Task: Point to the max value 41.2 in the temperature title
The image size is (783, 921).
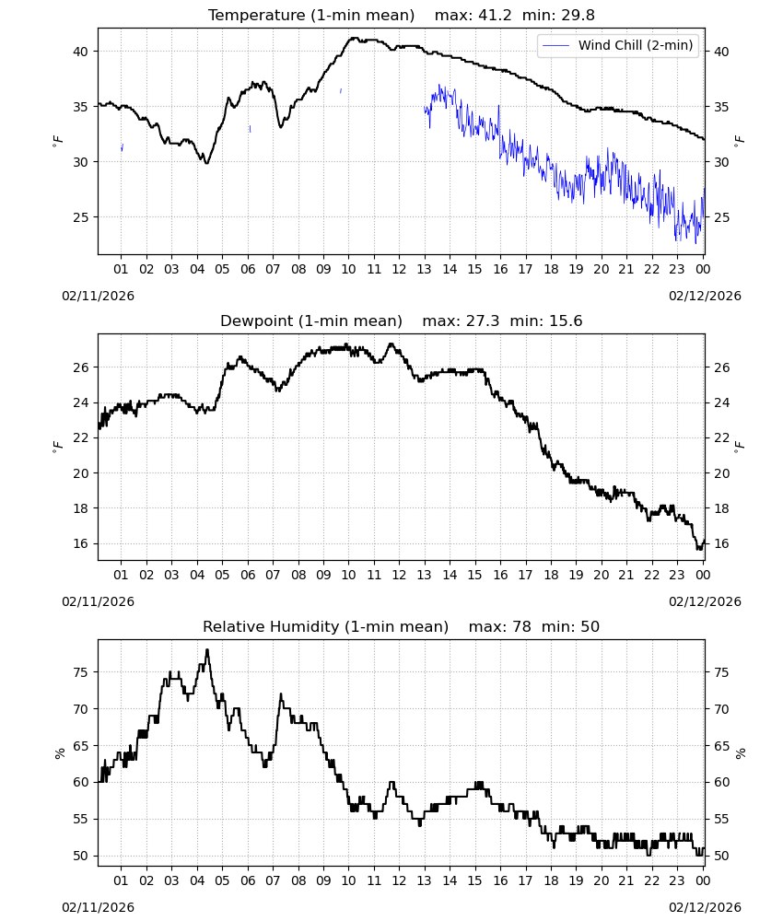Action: point(495,15)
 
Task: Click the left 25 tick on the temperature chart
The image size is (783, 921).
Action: point(80,217)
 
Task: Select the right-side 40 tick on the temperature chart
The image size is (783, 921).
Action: point(721,52)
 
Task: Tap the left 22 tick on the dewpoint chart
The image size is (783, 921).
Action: point(80,437)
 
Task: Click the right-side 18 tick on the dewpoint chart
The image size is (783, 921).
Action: point(721,508)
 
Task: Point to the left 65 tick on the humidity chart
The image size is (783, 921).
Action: point(80,746)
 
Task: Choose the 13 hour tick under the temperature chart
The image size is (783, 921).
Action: point(424,269)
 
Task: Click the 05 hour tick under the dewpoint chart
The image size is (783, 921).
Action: point(222,575)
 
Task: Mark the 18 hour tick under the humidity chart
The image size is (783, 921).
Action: point(550,880)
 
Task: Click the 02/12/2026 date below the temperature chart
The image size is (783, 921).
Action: point(705,296)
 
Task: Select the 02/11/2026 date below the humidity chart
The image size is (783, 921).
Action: point(98,907)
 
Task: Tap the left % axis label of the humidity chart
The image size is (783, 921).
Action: point(59,753)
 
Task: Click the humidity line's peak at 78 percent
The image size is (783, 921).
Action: point(207,649)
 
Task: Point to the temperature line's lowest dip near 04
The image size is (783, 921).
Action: point(206,163)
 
